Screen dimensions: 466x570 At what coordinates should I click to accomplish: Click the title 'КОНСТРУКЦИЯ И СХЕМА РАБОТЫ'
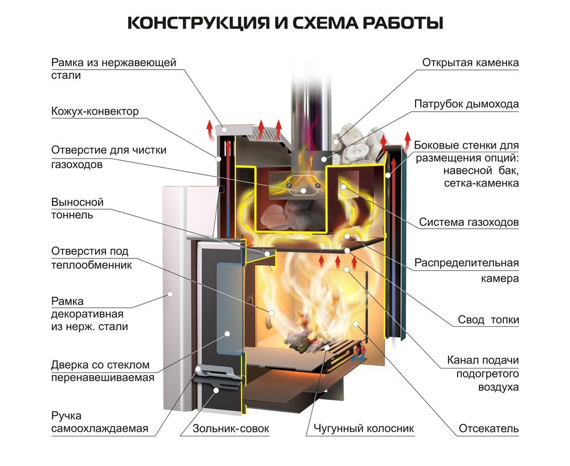[x=284, y=23]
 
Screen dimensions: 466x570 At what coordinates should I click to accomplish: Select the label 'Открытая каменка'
[x=470, y=63]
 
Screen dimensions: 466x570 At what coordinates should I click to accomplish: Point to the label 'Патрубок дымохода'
[x=466, y=104]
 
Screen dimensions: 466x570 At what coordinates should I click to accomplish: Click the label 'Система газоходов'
[x=469, y=222]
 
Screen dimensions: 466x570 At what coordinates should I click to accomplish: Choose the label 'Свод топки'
[x=488, y=320]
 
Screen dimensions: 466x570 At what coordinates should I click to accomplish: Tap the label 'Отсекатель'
[x=488, y=428]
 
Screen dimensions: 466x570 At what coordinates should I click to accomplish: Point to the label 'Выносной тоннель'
[x=78, y=209]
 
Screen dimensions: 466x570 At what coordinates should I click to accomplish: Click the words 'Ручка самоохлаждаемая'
[x=91, y=422]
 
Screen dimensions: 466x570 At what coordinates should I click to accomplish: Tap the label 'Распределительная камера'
[x=466, y=270]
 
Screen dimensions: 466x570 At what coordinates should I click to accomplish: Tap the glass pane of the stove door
[x=226, y=319]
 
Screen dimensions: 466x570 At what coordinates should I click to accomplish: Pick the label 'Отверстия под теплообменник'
[x=91, y=258]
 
